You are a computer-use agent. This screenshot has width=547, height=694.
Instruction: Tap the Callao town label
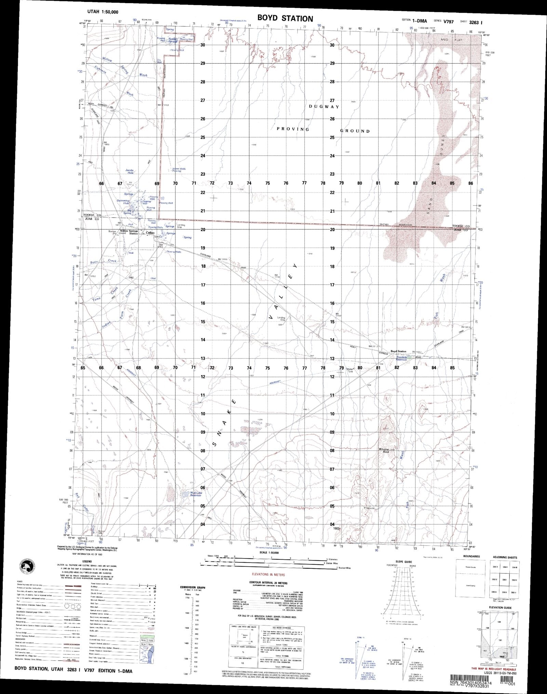click(x=150, y=233)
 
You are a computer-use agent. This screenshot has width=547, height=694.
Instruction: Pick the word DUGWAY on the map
click(x=324, y=107)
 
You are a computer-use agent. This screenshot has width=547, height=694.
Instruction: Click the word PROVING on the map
click(x=293, y=129)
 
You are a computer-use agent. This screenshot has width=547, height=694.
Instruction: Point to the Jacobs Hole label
click(x=129, y=171)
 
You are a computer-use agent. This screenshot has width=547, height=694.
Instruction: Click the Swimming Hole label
click(x=123, y=202)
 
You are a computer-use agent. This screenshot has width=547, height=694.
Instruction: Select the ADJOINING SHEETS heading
click(x=505, y=557)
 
